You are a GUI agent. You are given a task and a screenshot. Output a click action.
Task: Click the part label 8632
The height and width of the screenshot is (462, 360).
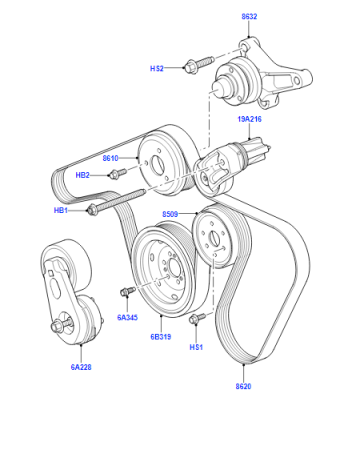[x=249, y=16]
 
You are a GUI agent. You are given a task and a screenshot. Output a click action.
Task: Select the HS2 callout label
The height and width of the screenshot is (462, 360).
[x=157, y=68]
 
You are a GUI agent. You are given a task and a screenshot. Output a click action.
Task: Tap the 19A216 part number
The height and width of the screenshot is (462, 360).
[x=249, y=119]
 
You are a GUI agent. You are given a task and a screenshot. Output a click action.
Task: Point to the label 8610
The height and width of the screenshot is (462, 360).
[x=110, y=158]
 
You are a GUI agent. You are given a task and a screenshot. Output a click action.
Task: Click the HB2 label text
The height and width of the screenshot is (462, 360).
[x=82, y=175]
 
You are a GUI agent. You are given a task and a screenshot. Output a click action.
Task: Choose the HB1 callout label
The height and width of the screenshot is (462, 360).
[x=61, y=210]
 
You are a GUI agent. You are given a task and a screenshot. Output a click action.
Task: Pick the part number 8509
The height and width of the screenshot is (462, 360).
[x=170, y=214]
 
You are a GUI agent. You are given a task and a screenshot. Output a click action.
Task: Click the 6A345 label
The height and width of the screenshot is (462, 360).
[x=127, y=317]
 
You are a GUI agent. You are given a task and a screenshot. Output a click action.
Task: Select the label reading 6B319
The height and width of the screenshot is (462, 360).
[x=161, y=337]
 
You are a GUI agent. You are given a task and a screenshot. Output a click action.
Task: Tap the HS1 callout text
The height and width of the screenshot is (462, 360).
[x=196, y=347]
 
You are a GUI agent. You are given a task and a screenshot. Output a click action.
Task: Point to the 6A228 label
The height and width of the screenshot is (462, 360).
[x=81, y=367]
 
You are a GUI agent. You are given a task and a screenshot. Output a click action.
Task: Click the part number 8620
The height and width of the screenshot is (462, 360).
[x=243, y=386]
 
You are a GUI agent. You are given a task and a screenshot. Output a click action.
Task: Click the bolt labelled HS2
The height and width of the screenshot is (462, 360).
[x=199, y=64]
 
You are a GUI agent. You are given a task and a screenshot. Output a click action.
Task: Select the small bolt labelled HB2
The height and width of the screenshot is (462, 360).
[x=118, y=173]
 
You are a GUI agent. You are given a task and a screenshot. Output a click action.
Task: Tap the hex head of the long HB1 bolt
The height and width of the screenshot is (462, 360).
[x=91, y=210]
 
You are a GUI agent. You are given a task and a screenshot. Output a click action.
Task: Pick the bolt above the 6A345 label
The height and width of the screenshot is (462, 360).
[x=128, y=291]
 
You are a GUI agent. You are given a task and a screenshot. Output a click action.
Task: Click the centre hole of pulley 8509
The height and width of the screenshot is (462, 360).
[x=213, y=238]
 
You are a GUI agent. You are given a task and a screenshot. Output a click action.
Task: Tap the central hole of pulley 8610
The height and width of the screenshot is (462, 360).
[x=157, y=164]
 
